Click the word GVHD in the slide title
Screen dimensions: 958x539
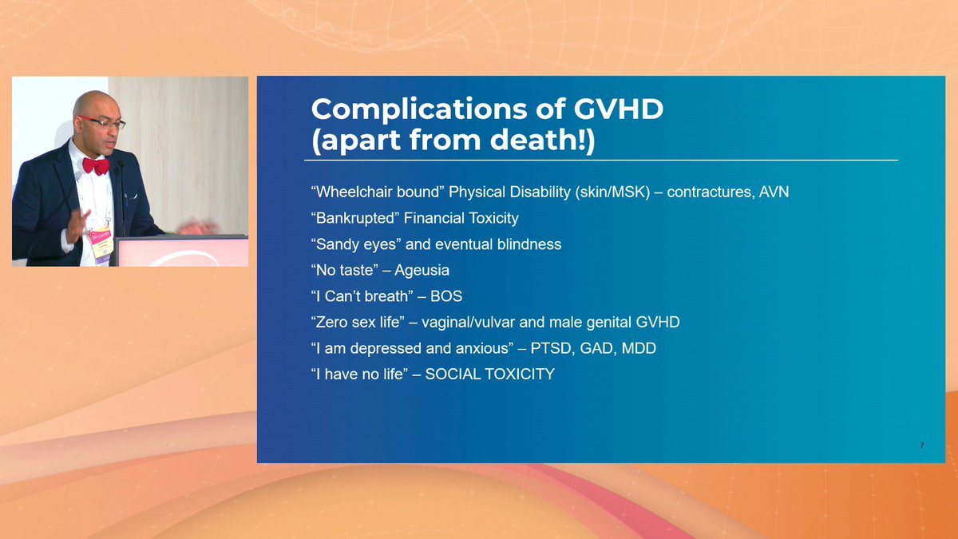619,109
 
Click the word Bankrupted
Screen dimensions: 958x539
355,218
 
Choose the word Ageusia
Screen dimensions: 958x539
422,271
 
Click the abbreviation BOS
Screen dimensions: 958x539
446,296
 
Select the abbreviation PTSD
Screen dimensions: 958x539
551,348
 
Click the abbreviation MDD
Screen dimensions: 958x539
639,348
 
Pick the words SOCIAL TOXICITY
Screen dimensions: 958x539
489,375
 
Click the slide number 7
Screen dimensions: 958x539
921,446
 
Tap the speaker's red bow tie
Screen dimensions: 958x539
96,166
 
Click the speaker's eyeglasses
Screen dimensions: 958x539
104,123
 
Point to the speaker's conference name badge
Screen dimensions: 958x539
101,243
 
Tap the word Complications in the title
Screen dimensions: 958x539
419,109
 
